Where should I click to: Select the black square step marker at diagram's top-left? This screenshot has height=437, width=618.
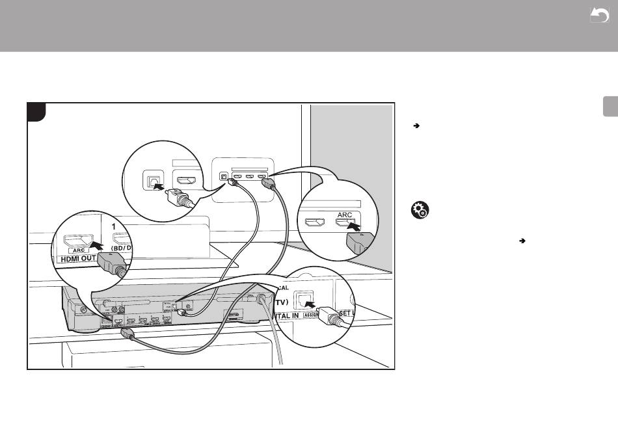coord(36,111)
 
